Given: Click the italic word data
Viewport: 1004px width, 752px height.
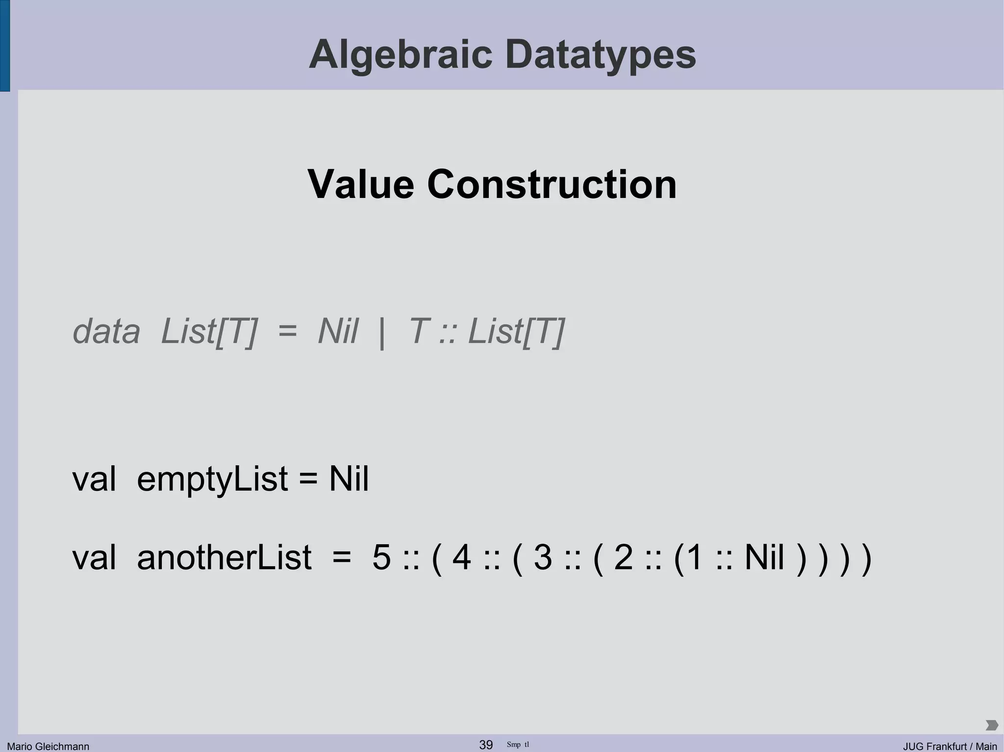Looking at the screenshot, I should [106, 332].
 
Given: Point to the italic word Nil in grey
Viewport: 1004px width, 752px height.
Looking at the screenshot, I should [338, 332].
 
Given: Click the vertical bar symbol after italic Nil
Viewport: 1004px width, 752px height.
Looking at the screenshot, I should [382, 333].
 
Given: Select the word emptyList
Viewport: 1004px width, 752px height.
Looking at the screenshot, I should [212, 479].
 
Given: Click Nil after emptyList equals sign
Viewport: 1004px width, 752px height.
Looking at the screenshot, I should [349, 479].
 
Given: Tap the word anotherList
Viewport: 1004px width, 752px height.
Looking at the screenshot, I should [224, 558].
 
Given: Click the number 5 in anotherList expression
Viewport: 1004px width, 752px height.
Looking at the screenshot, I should [381, 558].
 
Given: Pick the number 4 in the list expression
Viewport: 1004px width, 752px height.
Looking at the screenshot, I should [462, 558].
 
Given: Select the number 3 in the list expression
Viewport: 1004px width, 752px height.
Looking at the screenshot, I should [543, 558].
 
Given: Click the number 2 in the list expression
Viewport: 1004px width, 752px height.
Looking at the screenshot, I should [623, 558].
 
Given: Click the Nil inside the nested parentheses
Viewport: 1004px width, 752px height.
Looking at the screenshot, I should [764, 558].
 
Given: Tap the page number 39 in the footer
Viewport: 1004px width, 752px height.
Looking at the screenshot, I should [486, 745].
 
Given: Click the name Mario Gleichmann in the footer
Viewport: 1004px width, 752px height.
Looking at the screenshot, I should [48, 746].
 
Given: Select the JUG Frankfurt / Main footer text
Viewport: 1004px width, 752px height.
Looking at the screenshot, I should [950, 746].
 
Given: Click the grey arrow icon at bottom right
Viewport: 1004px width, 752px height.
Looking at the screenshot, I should [991, 725].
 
